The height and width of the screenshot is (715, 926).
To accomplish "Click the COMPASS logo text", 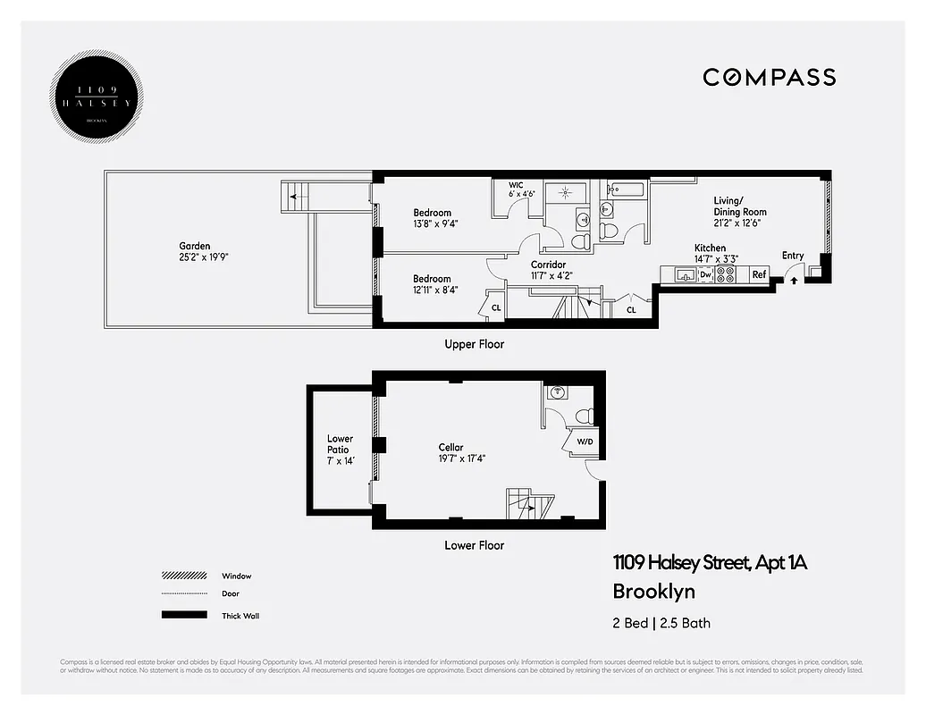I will pyautogui.click(x=769, y=78).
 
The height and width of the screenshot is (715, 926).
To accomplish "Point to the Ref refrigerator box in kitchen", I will pyautogui.click(x=759, y=275).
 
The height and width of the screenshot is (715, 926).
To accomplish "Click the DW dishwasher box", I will pyautogui.click(x=705, y=275).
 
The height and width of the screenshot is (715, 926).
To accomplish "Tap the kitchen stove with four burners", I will pyautogui.click(x=726, y=275).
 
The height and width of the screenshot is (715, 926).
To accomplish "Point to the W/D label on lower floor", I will pyautogui.click(x=585, y=441).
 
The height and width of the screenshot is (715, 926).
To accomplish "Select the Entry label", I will pyautogui.click(x=793, y=256).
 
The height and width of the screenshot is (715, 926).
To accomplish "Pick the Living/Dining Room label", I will pyautogui.click(x=740, y=206).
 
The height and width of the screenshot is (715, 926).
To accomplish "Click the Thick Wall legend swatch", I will pyautogui.click(x=183, y=615).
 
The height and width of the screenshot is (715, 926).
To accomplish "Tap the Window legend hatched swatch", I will pyautogui.click(x=183, y=576).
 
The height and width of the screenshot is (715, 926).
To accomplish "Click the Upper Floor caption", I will pyautogui.click(x=474, y=344).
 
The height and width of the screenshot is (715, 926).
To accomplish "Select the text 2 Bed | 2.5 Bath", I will pyautogui.click(x=661, y=623).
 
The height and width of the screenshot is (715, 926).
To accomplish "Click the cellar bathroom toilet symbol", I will pyautogui.click(x=585, y=415).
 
